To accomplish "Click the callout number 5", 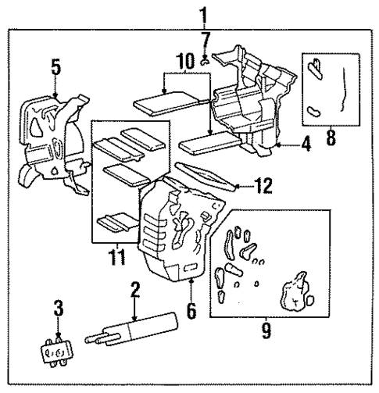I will (x=54, y=69).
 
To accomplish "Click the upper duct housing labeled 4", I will (x=250, y=94).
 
